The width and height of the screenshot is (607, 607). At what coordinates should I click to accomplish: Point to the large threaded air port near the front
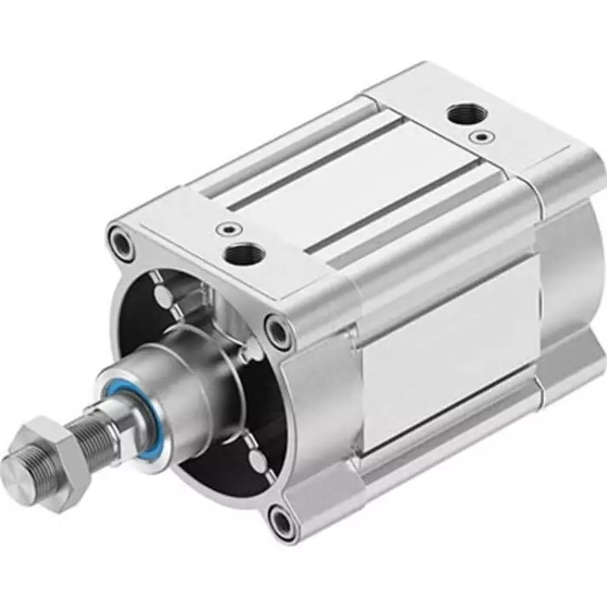click(240, 254)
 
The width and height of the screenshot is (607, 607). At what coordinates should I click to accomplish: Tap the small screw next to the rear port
click(480, 137)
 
